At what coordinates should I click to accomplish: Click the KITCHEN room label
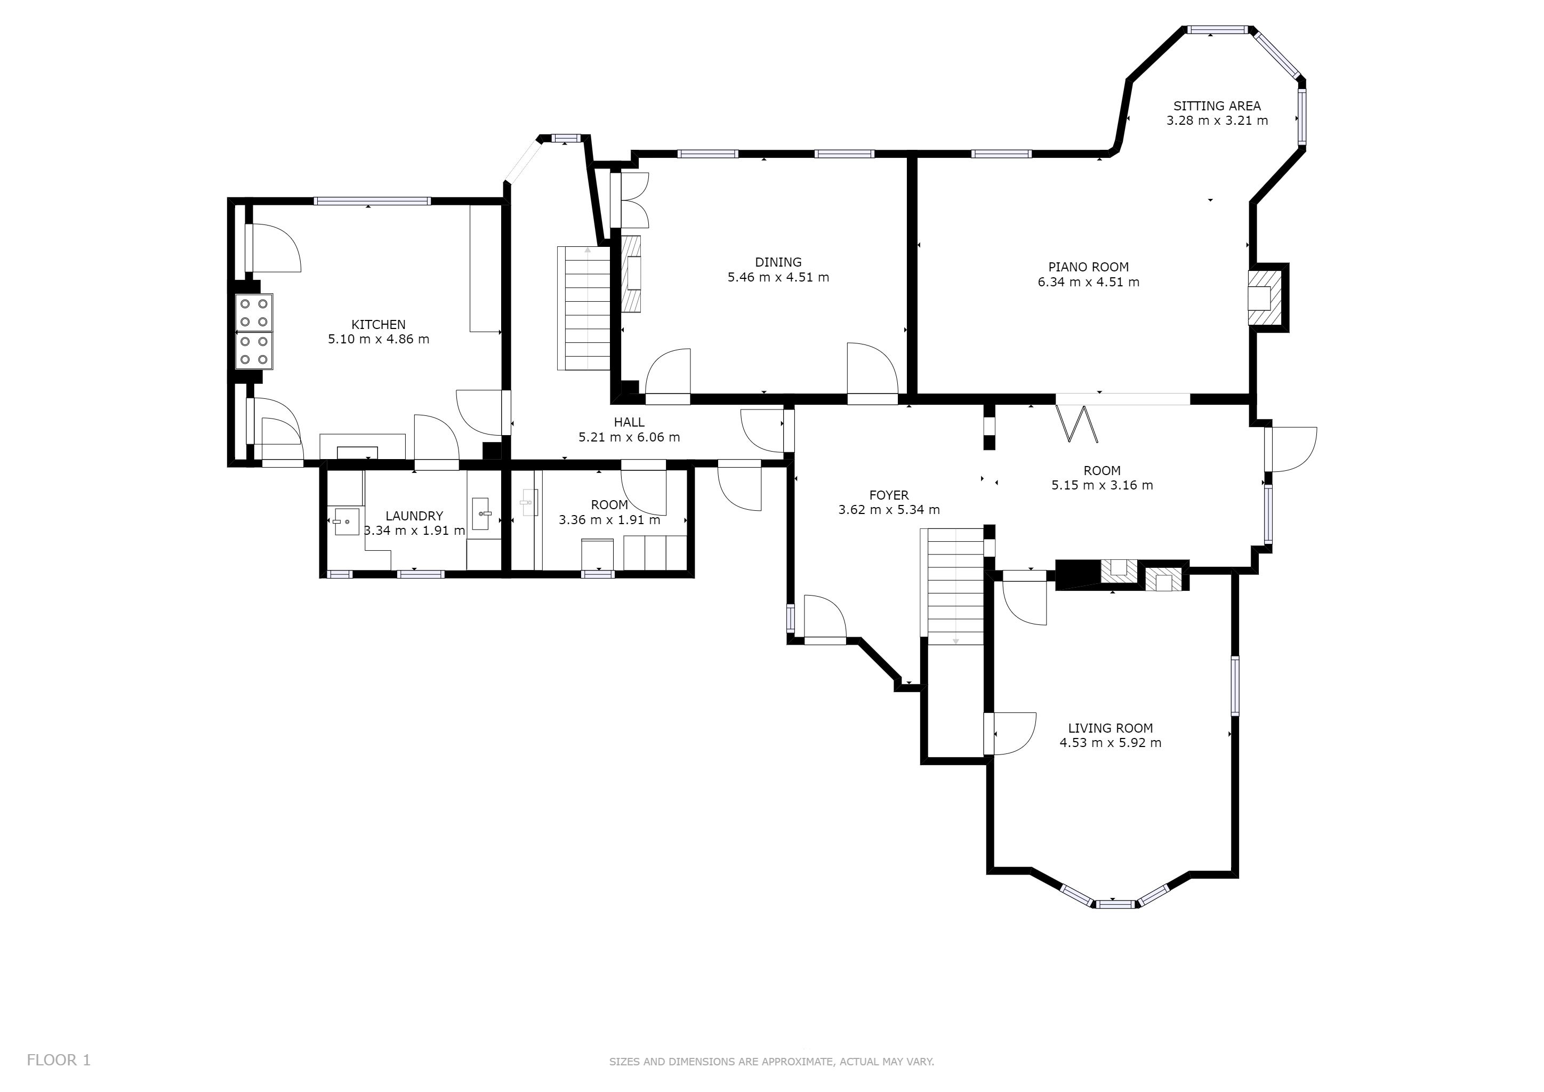[378, 325]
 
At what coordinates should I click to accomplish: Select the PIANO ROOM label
[1088, 267]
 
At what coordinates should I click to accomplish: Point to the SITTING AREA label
[1217, 106]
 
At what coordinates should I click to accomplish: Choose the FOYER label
[888, 495]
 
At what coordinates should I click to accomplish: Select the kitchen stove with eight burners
[254, 332]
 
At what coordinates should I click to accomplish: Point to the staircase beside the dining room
[583, 308]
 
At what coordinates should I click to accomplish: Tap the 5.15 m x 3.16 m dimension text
[1102, 485]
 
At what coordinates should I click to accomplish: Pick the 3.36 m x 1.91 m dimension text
[609, 520]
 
